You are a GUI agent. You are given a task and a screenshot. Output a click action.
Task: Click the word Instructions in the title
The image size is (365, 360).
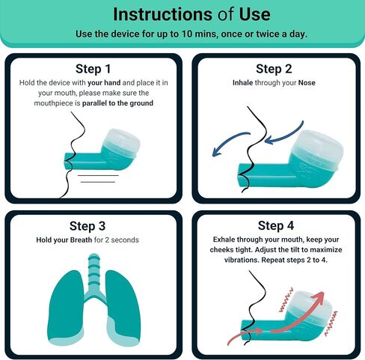click(162, 14)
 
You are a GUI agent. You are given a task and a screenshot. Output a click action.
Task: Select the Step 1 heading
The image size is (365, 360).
click(93, 69)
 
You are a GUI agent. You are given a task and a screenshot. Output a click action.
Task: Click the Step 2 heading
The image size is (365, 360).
click(274, 69)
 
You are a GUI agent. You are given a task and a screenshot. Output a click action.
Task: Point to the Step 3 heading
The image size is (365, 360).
click(88, 226)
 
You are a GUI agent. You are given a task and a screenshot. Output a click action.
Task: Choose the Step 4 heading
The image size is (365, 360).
click(276, 225)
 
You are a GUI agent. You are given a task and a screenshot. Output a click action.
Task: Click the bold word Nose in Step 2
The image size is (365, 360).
click(307, 82)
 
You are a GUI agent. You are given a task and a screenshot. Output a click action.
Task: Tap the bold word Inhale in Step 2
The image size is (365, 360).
click(242, 82)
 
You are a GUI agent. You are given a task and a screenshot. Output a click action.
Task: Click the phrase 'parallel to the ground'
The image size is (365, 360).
click(117, 103)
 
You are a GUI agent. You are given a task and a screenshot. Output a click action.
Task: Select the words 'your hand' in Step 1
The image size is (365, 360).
click(104, 82)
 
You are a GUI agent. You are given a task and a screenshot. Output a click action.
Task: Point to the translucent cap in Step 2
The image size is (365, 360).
click(317, 150)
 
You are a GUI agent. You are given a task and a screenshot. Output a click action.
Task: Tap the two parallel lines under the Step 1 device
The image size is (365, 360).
click(98, 179)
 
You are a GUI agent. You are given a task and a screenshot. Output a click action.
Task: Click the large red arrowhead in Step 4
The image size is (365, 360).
click(317, 297)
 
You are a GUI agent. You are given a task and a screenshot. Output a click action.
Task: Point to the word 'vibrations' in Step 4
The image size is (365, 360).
click(242, 260)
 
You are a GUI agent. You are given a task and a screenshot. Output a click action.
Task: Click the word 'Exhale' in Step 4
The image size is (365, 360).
click(224, 240)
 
